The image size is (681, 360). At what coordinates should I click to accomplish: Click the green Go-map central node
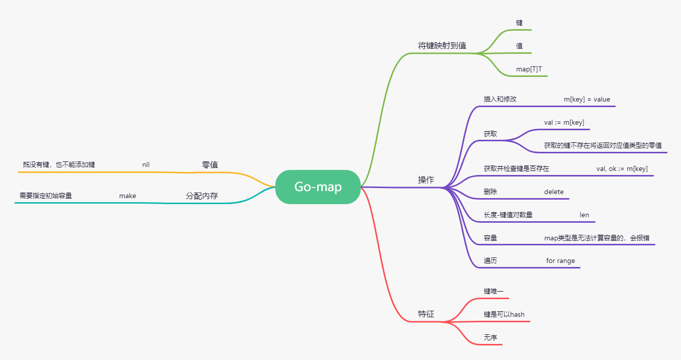pos(318,187)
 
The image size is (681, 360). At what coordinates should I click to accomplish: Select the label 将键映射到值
pos(442,45)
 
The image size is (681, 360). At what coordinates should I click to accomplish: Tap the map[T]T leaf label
pos(529,69)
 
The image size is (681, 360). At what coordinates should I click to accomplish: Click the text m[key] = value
pos(587,99)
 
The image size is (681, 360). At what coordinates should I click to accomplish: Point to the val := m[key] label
pos(564,122)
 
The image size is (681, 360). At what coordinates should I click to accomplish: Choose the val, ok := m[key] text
pos(622,168)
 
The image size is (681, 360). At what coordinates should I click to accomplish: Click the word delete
pos(554,192)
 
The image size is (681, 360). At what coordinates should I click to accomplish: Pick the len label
pos(584,215)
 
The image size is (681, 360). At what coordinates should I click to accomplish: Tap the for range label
pos(560,261)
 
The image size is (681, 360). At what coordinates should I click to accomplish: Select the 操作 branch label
pos(426,180)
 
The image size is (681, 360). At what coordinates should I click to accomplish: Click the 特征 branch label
pos(426,314)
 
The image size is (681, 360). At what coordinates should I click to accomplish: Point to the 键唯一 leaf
pos(493,291)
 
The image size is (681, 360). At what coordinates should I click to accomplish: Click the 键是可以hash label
pos(504,314)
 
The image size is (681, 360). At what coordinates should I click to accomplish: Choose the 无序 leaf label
pos(490,337)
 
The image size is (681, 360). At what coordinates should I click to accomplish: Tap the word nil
pos(146,164)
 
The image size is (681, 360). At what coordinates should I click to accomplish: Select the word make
pos(127,196)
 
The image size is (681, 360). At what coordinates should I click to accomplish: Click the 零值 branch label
pos(210,165)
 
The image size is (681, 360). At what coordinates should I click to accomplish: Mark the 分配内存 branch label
pos(202,196)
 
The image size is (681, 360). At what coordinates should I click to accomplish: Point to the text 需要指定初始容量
pos(46,196)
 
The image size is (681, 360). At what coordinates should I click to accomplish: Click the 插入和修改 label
pos(500,99)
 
